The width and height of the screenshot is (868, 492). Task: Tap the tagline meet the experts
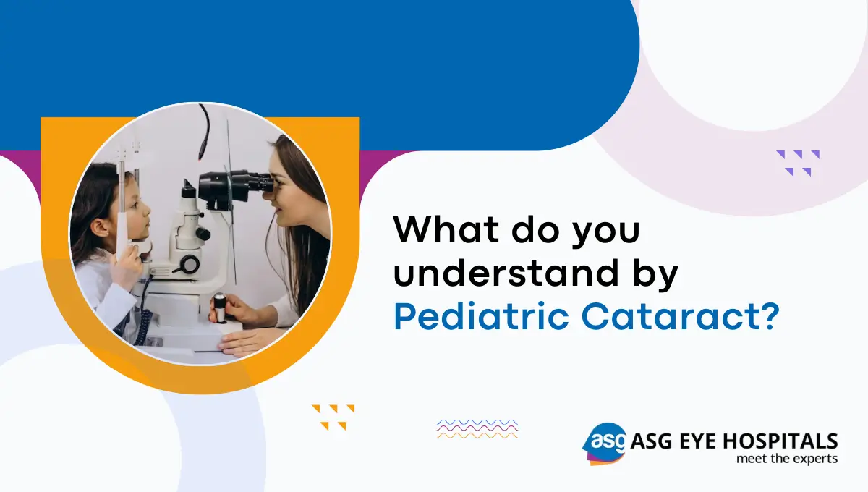(786, 459)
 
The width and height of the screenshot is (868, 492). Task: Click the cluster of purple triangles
(798, 163)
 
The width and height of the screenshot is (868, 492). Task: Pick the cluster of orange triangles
(333, 417)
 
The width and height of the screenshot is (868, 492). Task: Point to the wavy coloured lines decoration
(477, 428)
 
